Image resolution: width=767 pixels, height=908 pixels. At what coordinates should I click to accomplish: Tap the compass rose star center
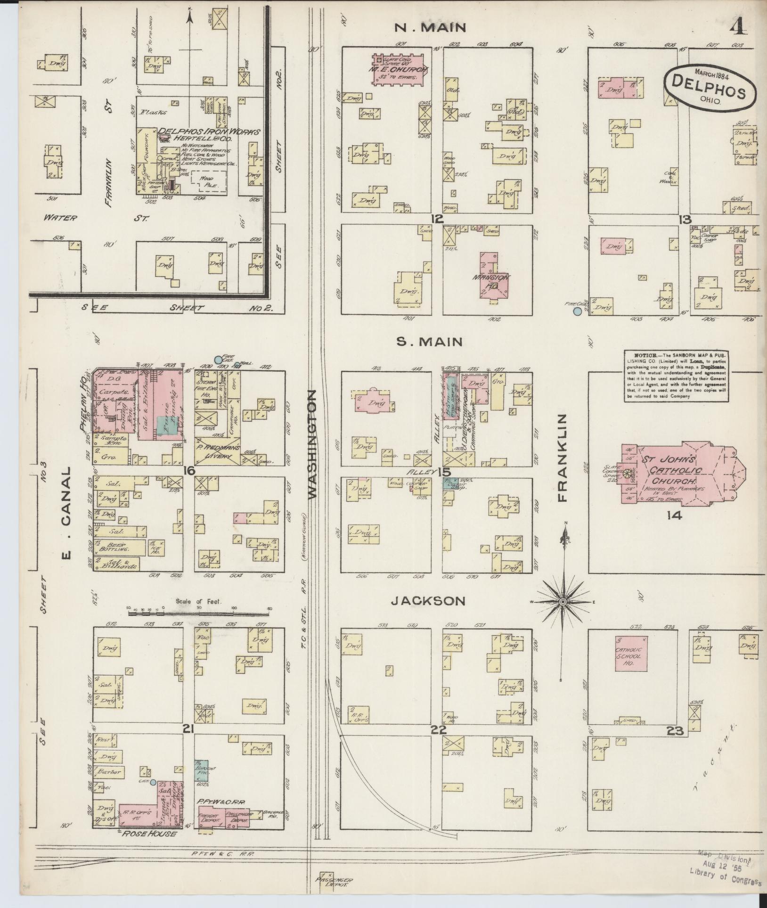point(563,602)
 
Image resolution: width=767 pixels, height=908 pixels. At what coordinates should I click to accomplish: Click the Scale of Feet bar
point(198,614)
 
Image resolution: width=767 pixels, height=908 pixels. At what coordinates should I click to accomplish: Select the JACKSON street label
point(428,601)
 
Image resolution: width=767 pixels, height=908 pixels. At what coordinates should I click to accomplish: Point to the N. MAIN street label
point(430,28)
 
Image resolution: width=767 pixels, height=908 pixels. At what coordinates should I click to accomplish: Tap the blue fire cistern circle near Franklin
point(577,311)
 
